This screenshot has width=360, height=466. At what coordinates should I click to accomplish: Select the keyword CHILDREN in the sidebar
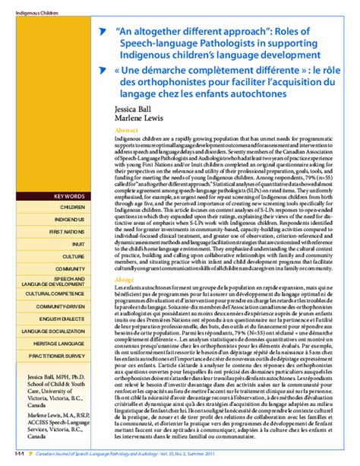tap(73, 207)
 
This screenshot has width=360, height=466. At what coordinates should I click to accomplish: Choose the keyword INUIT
tap(78, 243)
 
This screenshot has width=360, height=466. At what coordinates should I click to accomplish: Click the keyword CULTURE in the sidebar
tap(74, 257)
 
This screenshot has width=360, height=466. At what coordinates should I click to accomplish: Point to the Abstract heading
tap(125, 132)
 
